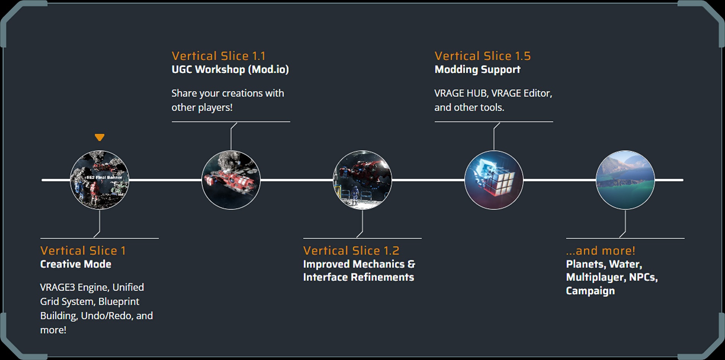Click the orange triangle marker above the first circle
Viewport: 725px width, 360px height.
point(100,137)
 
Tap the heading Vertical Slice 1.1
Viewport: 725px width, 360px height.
point(218,56)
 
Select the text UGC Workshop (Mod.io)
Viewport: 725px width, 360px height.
point(230,69)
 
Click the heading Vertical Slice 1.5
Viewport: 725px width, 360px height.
point(482,56)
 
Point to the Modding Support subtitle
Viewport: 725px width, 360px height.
point(477,69)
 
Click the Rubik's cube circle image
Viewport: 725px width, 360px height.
point(494,180)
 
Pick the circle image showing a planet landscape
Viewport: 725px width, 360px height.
point(625,180)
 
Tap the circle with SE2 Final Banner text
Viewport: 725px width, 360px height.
point(100,180)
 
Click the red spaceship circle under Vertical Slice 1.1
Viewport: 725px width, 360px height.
point(231,180)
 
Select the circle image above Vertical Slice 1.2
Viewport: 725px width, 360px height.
point(362,180)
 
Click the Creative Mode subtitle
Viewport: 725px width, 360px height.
point(76,264)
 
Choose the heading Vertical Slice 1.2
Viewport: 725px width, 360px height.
point(351,251)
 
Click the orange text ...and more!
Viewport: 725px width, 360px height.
point(601,251)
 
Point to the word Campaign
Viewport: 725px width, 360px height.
point(590,291)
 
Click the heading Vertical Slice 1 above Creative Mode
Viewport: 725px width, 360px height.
point(83,251)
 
